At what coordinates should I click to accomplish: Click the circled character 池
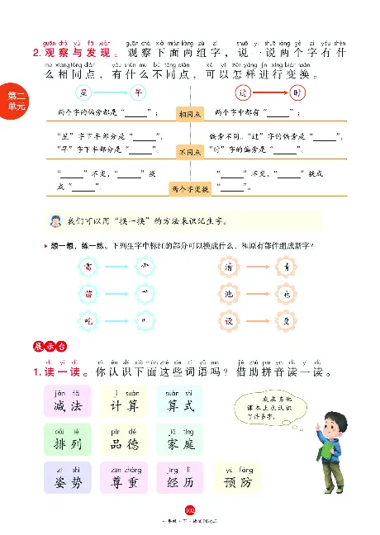[230, 294]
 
